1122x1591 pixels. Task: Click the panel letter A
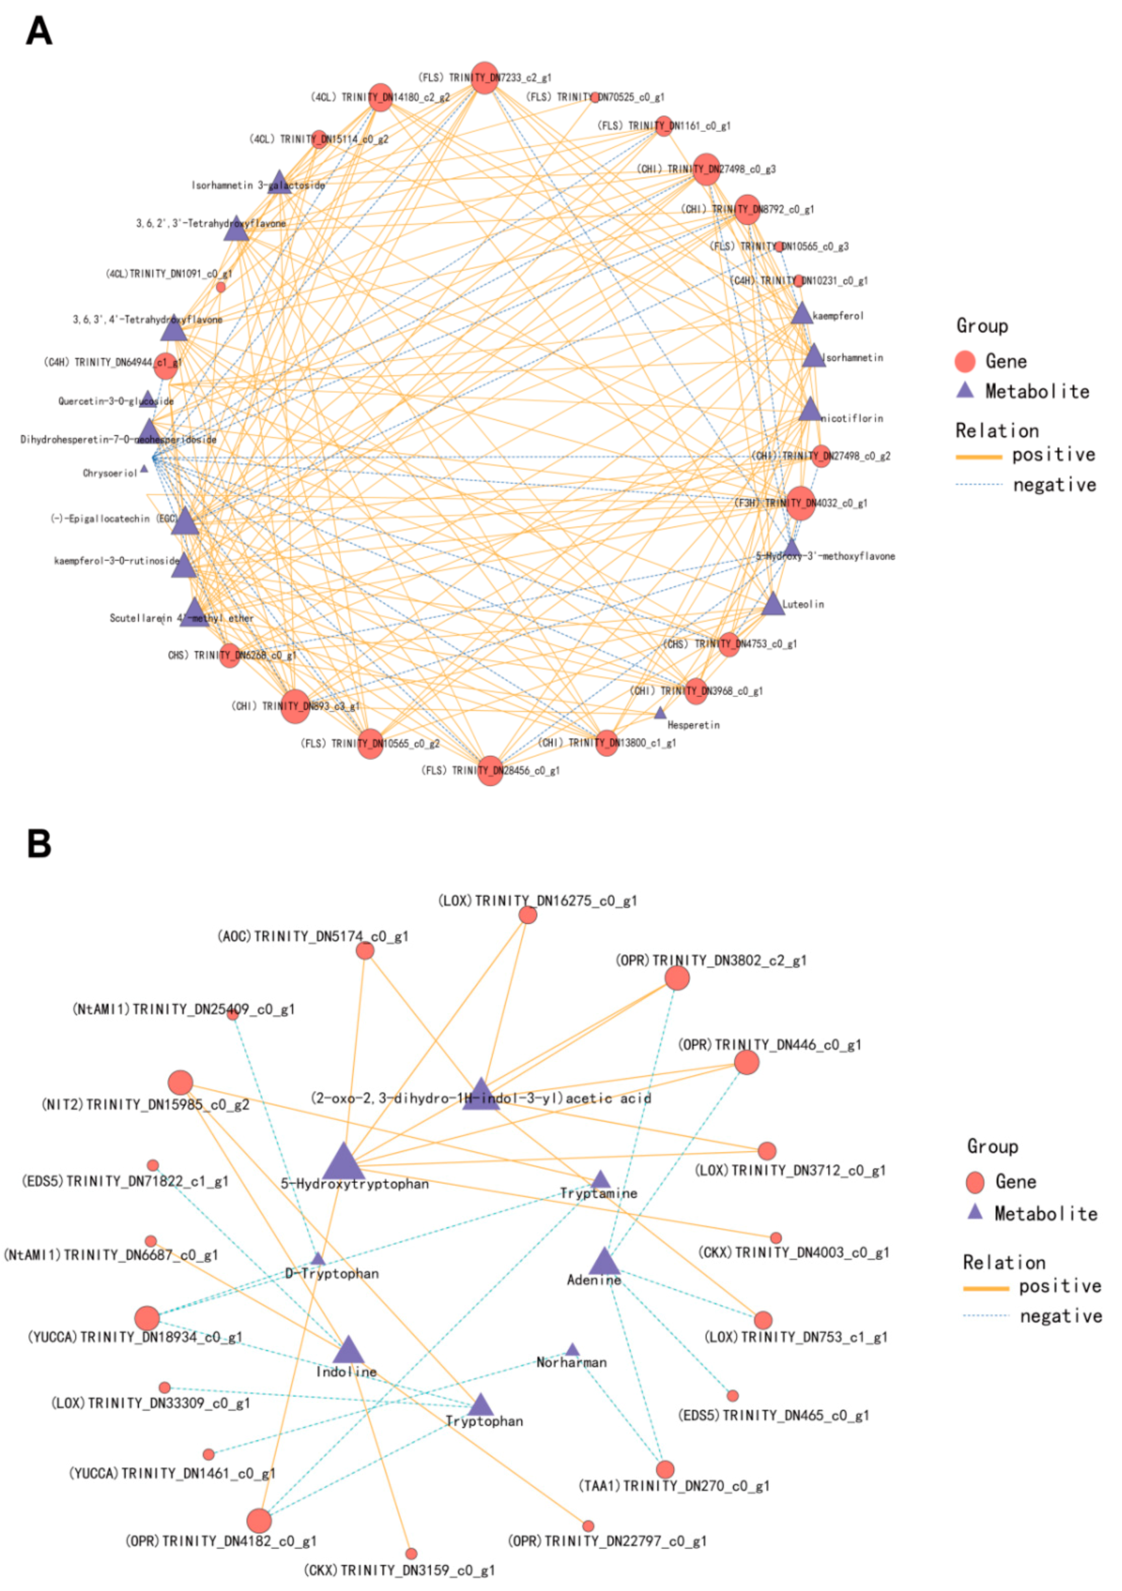point(39,31)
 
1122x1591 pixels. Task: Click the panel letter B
point(39,843)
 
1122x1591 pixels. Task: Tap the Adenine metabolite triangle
point(604,1263)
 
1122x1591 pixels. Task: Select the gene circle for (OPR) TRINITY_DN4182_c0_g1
point(259,1520)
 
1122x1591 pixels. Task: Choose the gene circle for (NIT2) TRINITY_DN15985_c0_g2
point(180,1082)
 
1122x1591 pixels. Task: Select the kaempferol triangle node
point(801,314)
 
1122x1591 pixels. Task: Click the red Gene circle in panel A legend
point(965,361)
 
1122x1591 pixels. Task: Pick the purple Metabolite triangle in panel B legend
point(975,1212)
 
